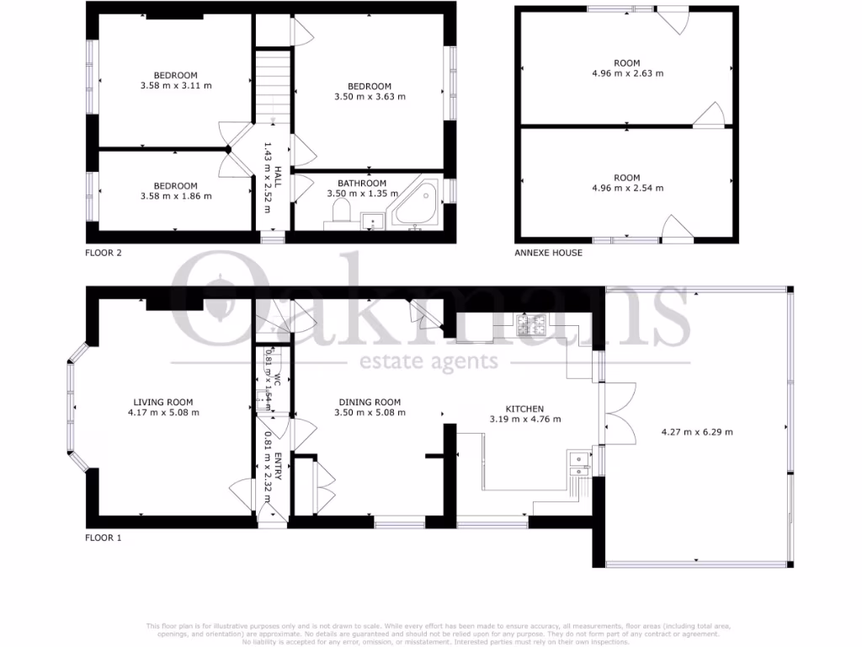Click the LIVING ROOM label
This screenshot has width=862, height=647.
(x=163, y=402)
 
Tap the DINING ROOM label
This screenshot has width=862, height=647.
(x=370, y=402)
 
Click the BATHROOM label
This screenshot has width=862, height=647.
(x=362, y=183)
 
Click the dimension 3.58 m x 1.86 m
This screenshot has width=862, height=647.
(x=176, y=196)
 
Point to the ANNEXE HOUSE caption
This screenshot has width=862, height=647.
(x=548, y=253)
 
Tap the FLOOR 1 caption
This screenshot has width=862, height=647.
(x=104, y=537)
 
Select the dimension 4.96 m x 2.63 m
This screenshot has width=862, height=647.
(x=627, y=73)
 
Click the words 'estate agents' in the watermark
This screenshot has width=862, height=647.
(x=429, y=362)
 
